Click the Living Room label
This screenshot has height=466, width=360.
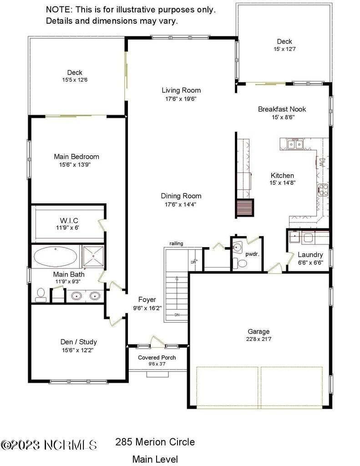[x=181, y=90]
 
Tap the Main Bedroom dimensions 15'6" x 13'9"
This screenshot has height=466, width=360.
[x=76, y=165]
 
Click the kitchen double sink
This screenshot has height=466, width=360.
[x=294, y=145]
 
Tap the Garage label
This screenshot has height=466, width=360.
[x=259, y=331]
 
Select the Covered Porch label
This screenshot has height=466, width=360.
[x=157, y=357]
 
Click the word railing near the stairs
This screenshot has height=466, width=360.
[x=176, y=243]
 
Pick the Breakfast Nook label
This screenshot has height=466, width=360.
[x=282, y=109]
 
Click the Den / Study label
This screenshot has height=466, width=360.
[x=79, y=342]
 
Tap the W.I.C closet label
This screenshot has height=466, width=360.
[x=67, y=220]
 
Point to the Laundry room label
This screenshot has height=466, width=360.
[x=310, y=255]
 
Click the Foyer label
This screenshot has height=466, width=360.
[x=147, y=299]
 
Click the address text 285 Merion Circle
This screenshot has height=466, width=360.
[x=155, y=442]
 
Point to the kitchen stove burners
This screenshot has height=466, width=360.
[x=323, y=189]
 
